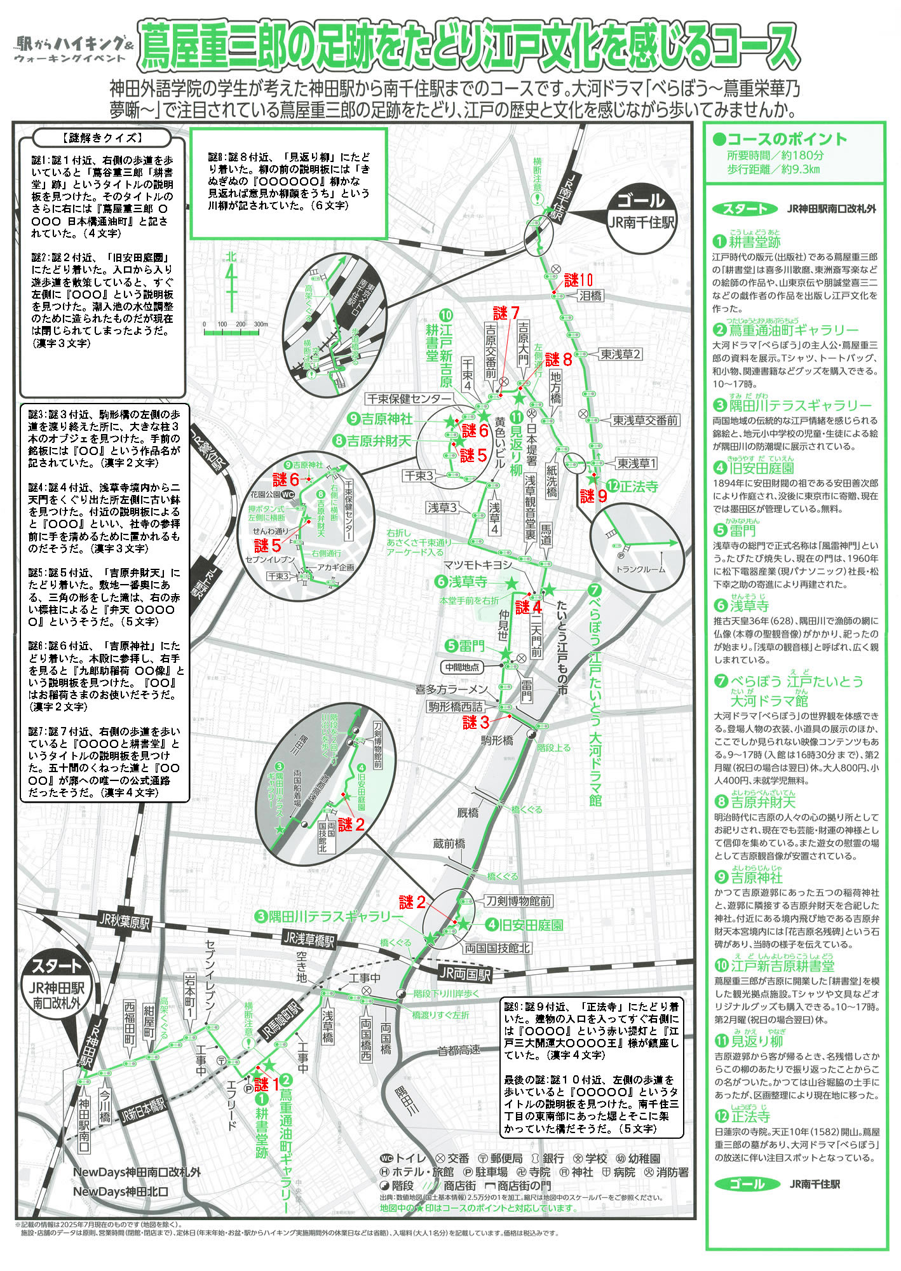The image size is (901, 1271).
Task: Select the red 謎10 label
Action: pos(578,280)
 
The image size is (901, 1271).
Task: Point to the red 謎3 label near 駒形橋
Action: pos(477,722)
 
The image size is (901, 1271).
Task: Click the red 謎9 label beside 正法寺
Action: pos(593,495)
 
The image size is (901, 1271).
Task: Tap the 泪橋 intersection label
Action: pos(590,296)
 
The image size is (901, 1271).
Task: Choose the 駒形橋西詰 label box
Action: pos(456,707)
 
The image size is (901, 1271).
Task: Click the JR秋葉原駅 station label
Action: pos(125,921)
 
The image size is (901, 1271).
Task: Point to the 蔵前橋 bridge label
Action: pos(449,844)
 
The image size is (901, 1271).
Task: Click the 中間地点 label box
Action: pos(462,667)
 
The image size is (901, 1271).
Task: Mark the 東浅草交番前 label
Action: pos(645,420)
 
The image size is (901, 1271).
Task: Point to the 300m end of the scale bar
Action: pos(261,325)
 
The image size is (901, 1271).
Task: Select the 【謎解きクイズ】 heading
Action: pos(102,138)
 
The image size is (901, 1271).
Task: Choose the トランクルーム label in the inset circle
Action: pos(640,569)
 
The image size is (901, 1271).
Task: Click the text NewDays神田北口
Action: pos(121,1192)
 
